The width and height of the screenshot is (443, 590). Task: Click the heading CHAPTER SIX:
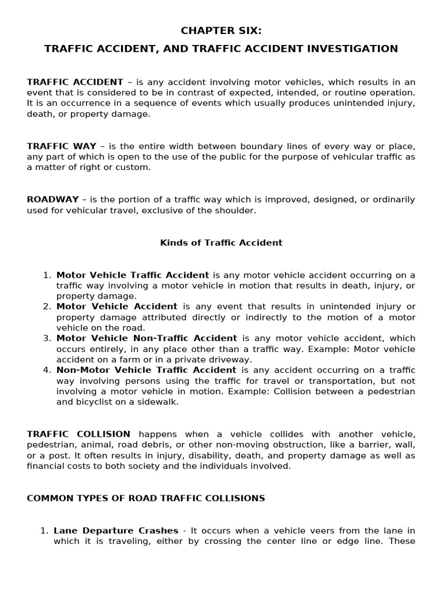coord(221,31)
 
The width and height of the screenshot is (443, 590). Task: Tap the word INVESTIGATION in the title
coord(352,49)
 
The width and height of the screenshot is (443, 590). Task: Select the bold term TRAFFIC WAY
coord(53,146)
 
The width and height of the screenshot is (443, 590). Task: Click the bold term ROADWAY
coord(52,199)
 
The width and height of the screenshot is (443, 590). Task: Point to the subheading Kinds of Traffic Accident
coord(221,243)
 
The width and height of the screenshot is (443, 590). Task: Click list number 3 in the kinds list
coord(47,339)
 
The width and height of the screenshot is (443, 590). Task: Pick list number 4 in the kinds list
coord(47,370)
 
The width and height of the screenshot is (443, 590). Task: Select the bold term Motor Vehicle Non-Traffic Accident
coord(147,339)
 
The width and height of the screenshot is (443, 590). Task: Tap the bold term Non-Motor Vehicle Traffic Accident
coord(146,370)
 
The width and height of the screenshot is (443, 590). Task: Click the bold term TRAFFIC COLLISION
coord(78,434)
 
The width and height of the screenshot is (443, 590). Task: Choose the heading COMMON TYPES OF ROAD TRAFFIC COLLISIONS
coord(146,498)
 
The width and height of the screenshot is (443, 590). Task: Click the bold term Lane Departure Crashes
coord(116,531)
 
